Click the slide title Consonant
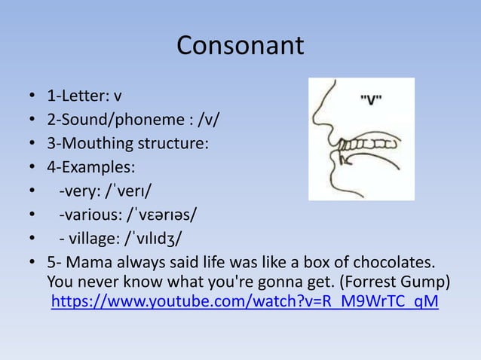[240, 47]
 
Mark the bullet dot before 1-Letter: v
[32, 96]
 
